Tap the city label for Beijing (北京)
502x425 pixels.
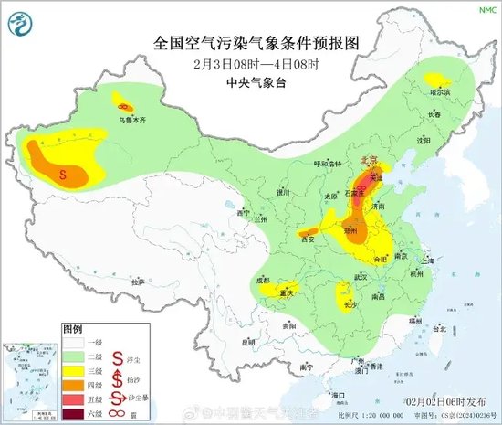coord(369,158)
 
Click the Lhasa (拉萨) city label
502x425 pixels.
coord(137,282)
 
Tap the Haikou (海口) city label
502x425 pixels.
coord(339,394)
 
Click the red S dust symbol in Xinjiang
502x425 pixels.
coord(62,172)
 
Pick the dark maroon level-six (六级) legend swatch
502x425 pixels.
coord(77,413)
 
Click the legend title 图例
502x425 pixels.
coord(73,327)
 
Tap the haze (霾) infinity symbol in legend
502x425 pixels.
coord(118,413)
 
